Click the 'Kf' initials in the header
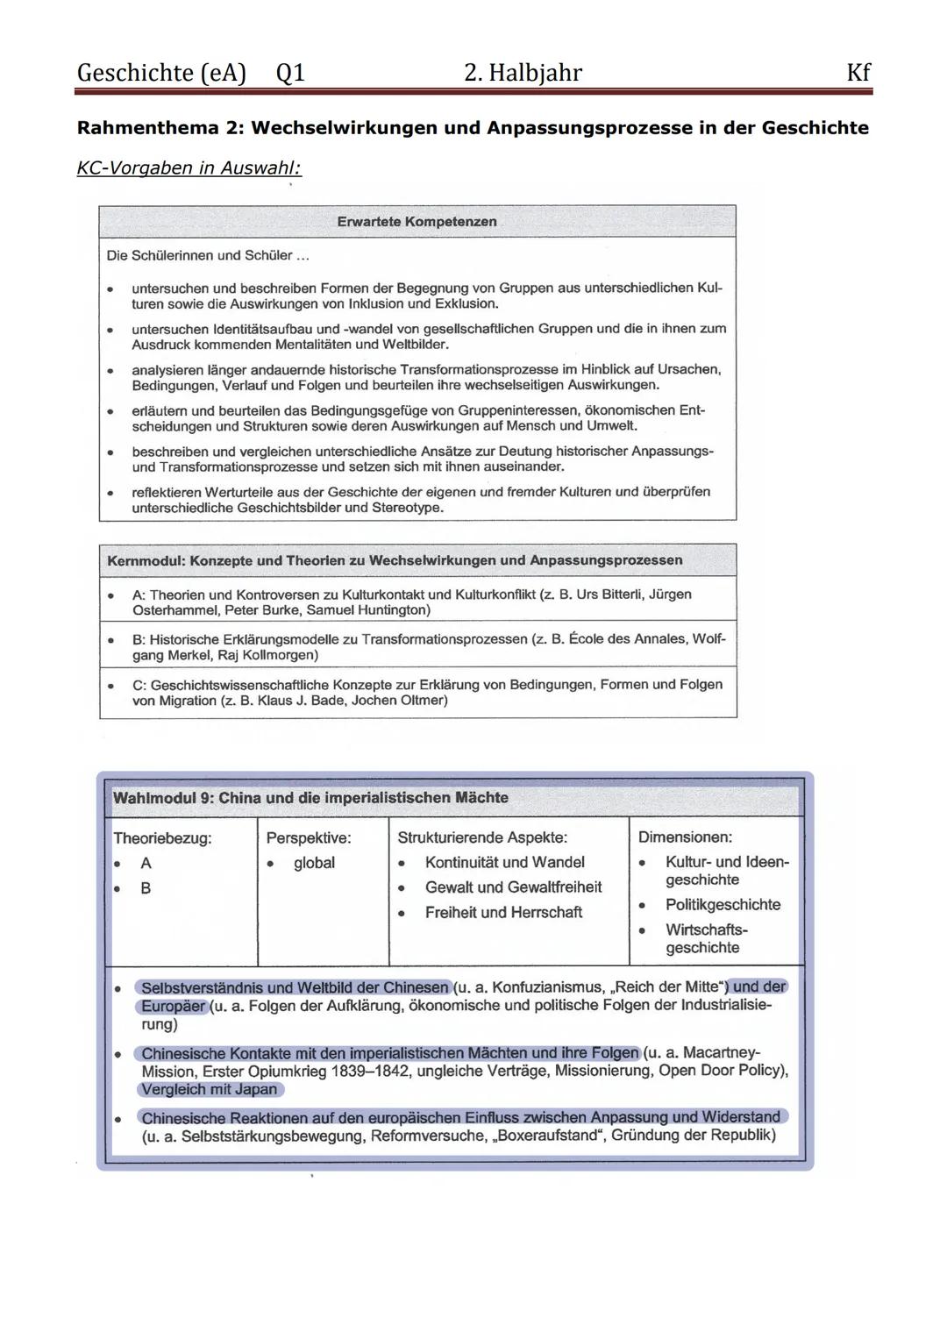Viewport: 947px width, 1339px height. (858, 73)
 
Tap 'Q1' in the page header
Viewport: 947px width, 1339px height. (290, 73)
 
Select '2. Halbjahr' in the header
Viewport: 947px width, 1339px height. (523, 73)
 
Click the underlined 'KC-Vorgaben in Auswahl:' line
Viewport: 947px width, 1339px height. (189, 167)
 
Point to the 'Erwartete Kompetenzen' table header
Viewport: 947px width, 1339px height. (417, 222)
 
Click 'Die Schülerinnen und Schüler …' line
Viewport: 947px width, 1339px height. (207, 256)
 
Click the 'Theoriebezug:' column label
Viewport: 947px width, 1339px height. (162, 838)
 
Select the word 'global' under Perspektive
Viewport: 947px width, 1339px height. (314, 863)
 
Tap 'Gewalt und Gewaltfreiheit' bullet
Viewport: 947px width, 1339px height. (513, 887)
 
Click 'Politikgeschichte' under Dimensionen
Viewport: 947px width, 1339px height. (723, 905)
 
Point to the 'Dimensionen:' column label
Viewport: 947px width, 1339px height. (685, 838)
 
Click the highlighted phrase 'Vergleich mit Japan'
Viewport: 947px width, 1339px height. (210, 1090)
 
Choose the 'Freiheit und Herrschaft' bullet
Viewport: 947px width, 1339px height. (503, 913)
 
